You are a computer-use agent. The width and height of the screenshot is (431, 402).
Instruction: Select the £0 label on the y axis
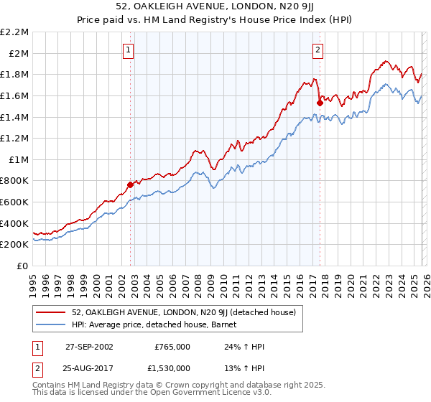tap(22, 266)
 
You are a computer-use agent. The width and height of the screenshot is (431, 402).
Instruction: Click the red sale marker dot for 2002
tap(131, 184)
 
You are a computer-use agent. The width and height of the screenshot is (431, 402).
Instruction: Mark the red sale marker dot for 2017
tap(320, 103)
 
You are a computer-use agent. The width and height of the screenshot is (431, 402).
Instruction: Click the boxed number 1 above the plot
tap(128, 50)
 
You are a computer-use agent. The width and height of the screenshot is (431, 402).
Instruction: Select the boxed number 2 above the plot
tap(318, 50)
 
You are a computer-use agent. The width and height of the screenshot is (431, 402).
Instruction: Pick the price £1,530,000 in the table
tap(172, 368)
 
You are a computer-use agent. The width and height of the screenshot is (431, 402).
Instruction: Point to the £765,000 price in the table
tap(172, 346)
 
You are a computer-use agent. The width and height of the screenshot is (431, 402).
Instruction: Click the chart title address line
tap(215, 8)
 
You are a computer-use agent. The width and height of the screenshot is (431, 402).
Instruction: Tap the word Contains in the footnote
tap(49, 385)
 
